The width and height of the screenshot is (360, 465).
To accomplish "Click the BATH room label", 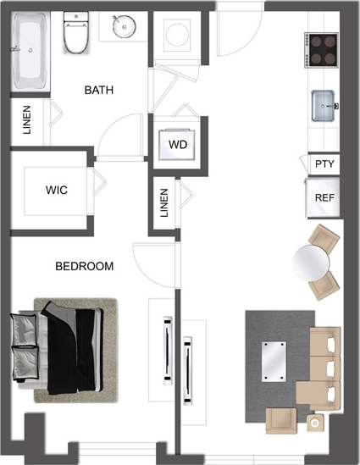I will tap(99, 90).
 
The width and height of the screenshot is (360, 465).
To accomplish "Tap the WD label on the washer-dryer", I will tap(177, 144).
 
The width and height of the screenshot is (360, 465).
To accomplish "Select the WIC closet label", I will tap(56, 191).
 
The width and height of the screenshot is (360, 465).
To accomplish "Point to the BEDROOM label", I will tap(84, 266).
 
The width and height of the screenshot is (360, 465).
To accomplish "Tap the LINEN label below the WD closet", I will tap(164, 203).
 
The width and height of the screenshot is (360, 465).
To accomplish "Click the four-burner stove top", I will tap(323, 50).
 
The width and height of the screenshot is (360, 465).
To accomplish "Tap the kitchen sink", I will tap(324, 106).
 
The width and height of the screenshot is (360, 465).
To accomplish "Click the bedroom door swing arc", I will tap(148, 263).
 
